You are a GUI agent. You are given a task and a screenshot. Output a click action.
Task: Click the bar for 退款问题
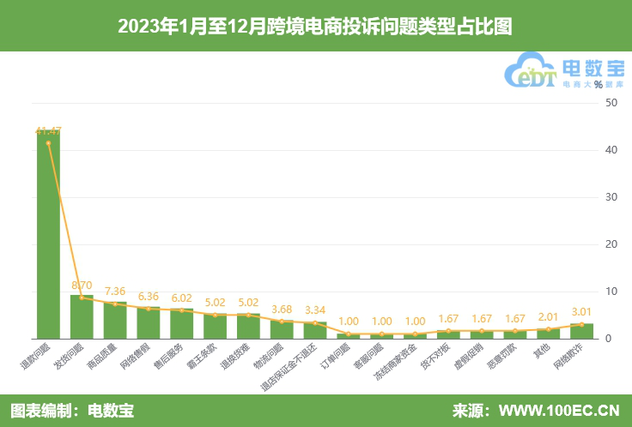48,240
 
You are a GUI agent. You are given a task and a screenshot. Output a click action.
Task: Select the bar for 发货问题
82,317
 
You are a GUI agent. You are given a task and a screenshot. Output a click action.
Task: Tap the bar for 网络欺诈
581,331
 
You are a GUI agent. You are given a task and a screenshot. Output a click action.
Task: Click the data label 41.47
48,130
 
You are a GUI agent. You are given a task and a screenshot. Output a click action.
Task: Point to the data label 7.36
115,291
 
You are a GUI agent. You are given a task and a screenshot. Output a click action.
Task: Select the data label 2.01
548,316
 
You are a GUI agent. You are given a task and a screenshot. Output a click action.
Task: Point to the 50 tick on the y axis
611,103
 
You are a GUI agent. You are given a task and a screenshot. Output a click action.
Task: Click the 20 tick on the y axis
611,244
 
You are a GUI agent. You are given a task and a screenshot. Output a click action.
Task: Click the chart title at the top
315,27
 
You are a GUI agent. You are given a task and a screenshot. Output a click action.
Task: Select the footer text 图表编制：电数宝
72,411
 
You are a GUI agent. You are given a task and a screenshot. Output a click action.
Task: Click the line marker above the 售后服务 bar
181,310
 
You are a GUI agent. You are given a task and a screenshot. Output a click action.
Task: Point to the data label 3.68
282,309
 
